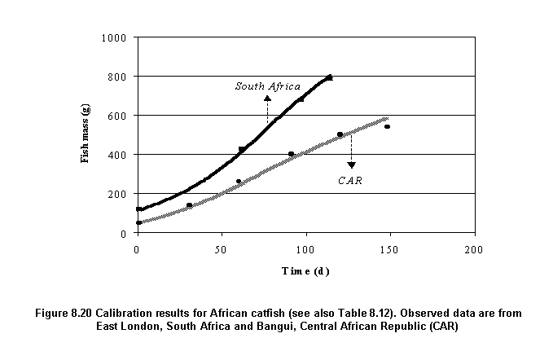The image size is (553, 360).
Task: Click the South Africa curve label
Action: click(268, 86)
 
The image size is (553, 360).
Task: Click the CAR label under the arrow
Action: click(350, 179)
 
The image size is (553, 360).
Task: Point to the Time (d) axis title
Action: click(305, 271)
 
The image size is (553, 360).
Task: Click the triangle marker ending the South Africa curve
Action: click(329, 77)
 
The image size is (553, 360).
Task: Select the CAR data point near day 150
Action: click(388, 126)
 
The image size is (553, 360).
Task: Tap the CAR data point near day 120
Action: click(340, 134)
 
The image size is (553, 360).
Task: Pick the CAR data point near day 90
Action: click(291, 154)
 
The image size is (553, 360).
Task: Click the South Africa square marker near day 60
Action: click(241, 149)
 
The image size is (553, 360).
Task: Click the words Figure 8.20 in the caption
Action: click(94, 313)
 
